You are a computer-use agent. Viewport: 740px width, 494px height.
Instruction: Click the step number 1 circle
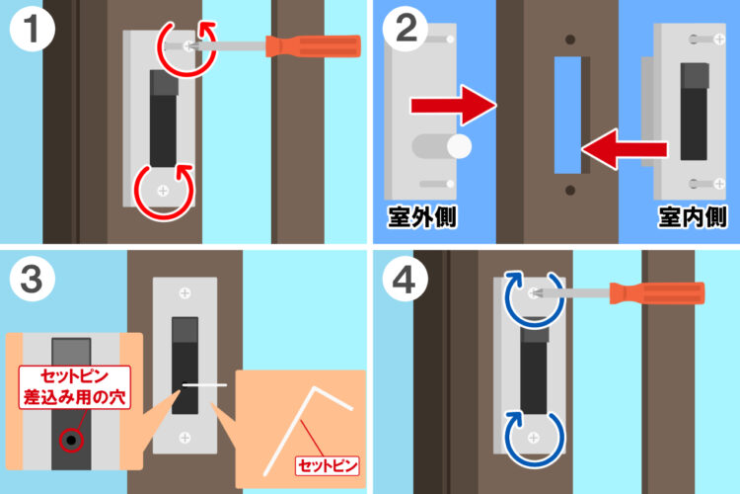(x=33, y=29)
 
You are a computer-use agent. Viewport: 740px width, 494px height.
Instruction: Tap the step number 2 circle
(x=406, y=29)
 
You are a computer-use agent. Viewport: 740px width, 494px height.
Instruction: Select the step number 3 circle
(x=33, y=279)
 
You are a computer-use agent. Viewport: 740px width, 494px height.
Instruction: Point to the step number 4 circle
(x=405, y=279)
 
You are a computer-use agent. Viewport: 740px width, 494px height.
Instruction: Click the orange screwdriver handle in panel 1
(x=314, y=46)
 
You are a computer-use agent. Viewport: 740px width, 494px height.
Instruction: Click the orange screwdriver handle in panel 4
(x=657, y=293)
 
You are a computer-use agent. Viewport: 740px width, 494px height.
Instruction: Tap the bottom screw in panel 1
(x=163, y=191)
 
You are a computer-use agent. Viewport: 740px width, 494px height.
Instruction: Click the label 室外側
(x=422, y=217)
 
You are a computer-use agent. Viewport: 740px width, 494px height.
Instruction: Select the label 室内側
(x=693, y=217)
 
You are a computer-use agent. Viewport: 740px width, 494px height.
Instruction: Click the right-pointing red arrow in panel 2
(x=454, y=106)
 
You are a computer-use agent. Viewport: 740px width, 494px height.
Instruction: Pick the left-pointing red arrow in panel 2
(x=624, y=149)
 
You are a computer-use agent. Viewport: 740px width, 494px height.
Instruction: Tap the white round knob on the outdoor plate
(x=459, y=146)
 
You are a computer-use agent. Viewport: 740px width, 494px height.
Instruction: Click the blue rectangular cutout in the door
(x=567, y=116)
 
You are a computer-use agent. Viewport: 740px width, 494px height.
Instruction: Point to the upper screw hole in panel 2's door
(x=570, y=40)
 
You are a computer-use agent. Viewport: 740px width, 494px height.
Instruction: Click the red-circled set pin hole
(x=71, y=441)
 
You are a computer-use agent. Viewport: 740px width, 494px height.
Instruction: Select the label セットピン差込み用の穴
(x=75, y=387)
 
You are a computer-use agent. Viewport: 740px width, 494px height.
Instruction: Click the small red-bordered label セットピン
(x=327, y=466)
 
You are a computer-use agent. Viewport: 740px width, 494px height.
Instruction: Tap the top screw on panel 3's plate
(x=185, y=293)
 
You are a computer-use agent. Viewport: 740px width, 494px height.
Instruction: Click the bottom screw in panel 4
(x=533, y=438)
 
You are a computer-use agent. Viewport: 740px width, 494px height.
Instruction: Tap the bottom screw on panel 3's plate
(x=185, y=438)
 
